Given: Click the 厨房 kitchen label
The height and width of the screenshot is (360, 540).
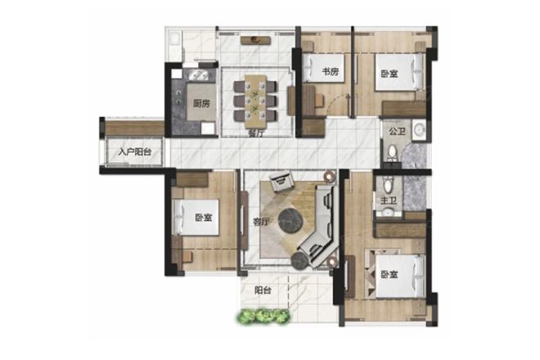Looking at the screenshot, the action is pos(201,102).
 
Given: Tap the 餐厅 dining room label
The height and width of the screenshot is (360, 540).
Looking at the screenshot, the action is pos(256,133).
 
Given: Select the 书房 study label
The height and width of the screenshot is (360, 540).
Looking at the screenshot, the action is pos(331,72).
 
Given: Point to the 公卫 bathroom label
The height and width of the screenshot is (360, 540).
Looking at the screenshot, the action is pos(397,131).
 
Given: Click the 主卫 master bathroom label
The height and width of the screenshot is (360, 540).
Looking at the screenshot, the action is pos(389,200).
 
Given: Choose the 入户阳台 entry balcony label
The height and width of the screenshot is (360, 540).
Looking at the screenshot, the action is pos(135,152).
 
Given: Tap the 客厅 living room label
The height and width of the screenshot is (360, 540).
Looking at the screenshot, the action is pos(261,222).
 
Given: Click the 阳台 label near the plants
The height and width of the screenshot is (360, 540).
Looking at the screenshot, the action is pos(263,290).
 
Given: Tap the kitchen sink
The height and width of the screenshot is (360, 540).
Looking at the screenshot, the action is pos(196,75).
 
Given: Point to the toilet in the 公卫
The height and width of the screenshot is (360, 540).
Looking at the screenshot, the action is pos(392,153).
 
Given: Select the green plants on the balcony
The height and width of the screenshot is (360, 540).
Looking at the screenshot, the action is pos(263,317).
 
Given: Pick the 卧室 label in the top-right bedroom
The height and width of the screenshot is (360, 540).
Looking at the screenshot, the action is pos(389,74).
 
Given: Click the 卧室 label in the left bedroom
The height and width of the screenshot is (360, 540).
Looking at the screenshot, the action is pos(204,218).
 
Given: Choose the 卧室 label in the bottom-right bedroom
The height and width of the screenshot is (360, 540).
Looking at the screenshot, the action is pos(389,275).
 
